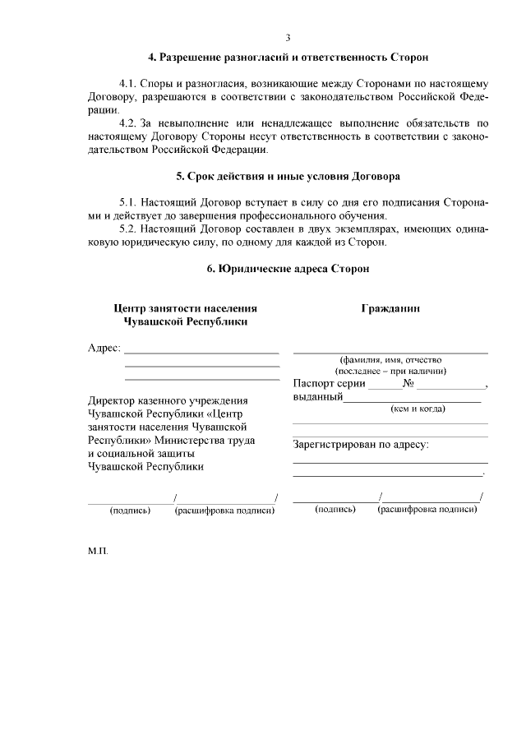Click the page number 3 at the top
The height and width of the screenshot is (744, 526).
coord(288,37)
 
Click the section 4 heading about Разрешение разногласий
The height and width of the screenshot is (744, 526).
coord(288,58)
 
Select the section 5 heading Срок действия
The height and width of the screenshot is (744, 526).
coord(288,176)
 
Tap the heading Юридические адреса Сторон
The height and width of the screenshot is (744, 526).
coord(288,269)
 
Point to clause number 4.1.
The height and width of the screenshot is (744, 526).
coord(128,84)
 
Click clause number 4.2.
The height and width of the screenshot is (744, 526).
coord(128,123)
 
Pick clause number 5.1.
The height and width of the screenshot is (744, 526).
coord(128,202)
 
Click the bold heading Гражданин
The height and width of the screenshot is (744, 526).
coord(390,308)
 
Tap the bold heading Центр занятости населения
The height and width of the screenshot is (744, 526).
coord(185,308)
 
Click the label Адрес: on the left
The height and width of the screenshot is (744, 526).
coord(104,348)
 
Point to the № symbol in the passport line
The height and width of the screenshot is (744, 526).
coord(408,383)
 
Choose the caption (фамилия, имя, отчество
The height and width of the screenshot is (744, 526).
coord(391,359)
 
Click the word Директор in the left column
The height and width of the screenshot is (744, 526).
coord(112,400)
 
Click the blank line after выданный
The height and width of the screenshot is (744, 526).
coord(411,400)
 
